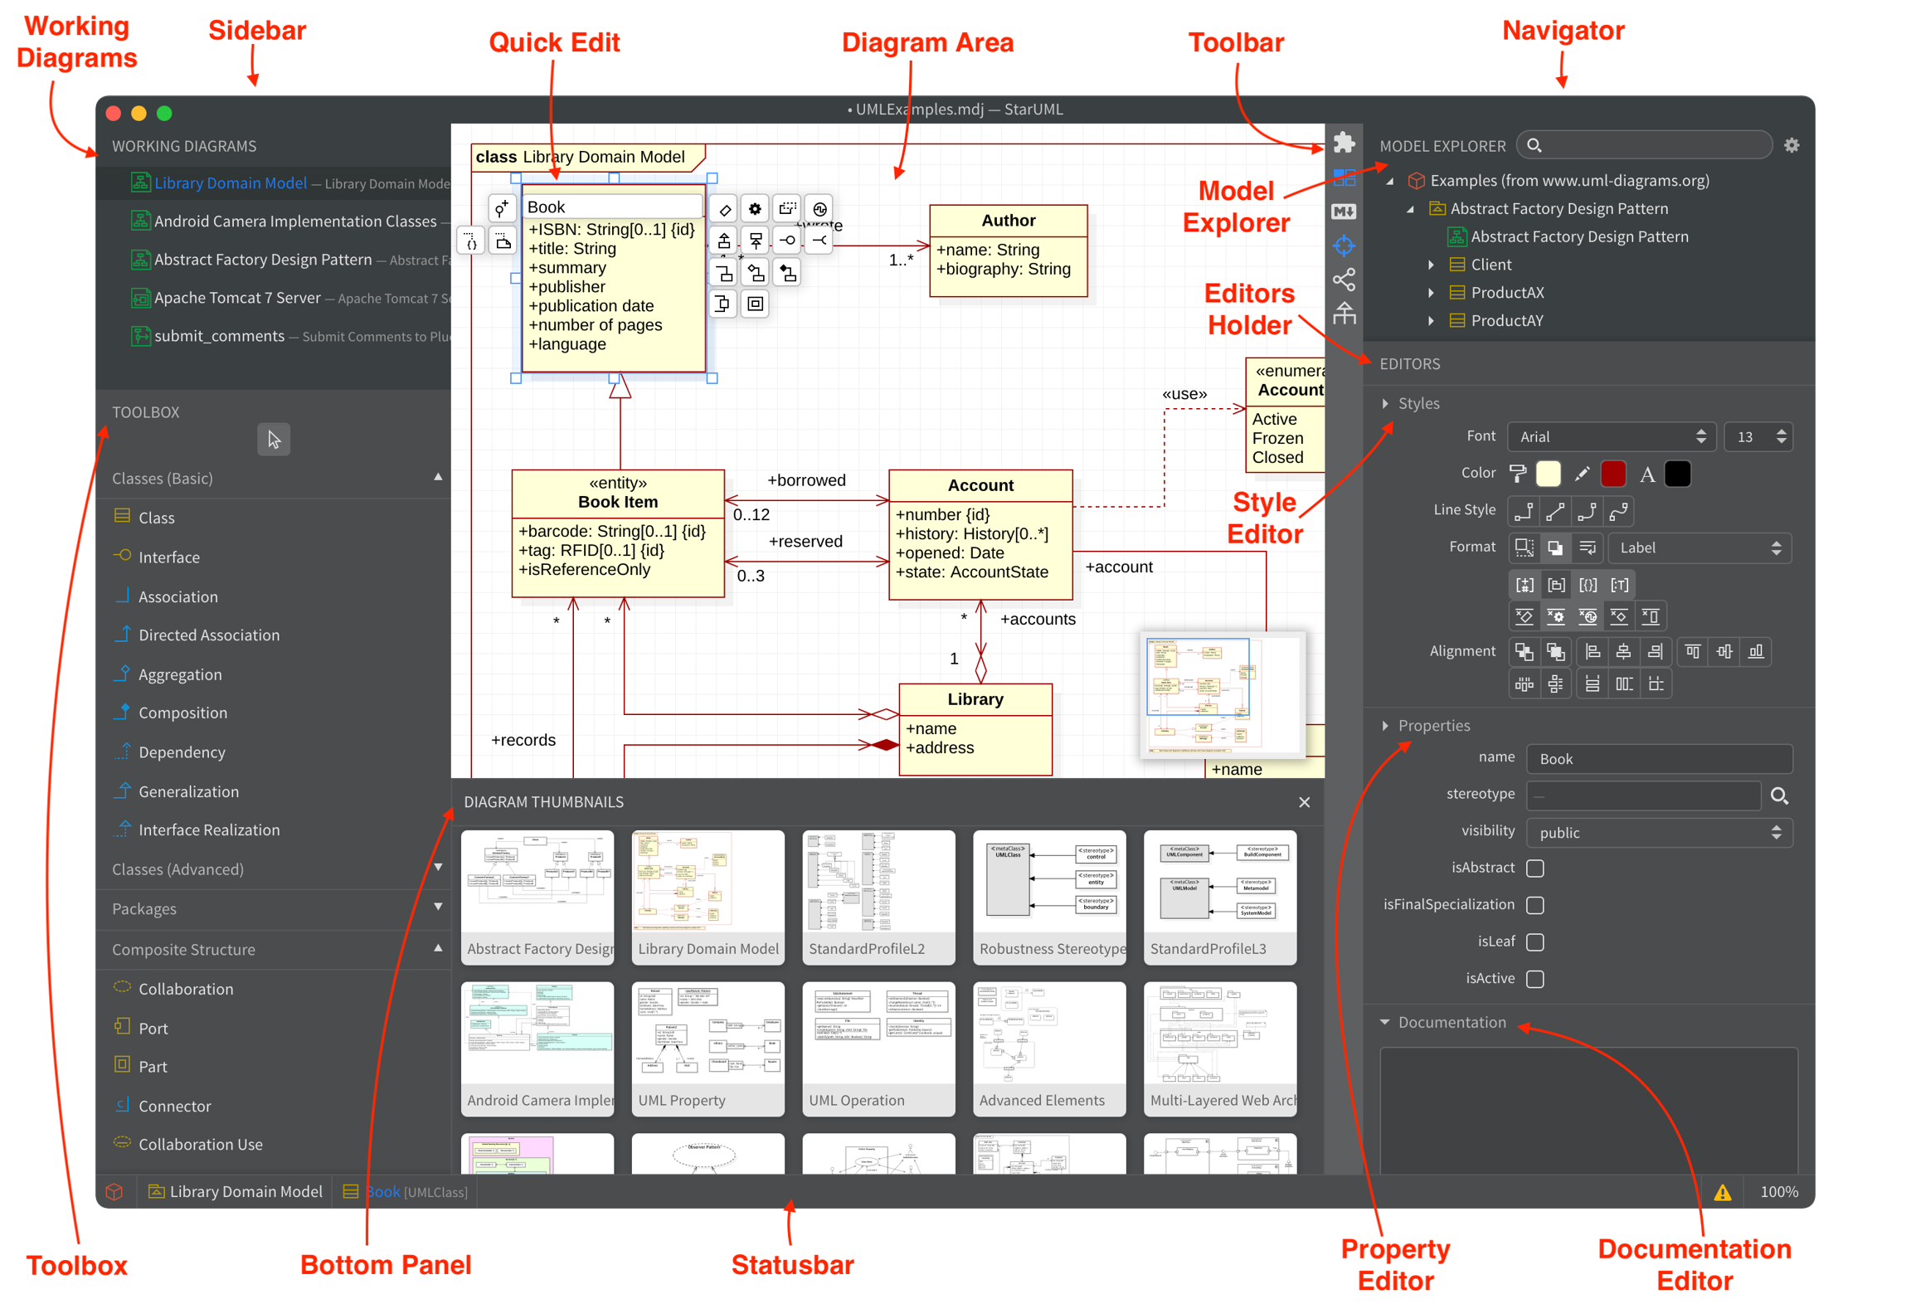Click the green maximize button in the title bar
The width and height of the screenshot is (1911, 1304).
164,114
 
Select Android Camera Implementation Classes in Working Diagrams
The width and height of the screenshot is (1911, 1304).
294,221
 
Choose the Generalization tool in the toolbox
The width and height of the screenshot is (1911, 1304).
188,791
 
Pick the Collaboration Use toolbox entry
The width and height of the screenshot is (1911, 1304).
200,1144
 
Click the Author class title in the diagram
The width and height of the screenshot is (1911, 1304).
1008,221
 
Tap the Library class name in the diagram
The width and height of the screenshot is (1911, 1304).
975,699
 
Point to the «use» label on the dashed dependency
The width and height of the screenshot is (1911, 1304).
1184,394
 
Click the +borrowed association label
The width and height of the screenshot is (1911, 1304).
806,480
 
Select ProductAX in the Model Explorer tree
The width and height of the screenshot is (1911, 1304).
1506,293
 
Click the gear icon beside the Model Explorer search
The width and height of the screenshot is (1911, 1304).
1792,146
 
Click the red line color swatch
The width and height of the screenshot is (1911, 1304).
1612,474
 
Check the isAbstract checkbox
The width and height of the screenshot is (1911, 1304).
1535,869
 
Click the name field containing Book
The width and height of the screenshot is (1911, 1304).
1659,759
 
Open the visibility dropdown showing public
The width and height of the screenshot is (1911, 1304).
1659,833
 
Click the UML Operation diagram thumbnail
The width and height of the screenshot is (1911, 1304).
878,1048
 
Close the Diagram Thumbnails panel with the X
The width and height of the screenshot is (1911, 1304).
1304,802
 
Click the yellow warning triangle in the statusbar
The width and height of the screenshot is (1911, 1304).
1723,1192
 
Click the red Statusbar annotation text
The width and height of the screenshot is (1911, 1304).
792,1264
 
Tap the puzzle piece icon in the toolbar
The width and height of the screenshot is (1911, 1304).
1344,143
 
